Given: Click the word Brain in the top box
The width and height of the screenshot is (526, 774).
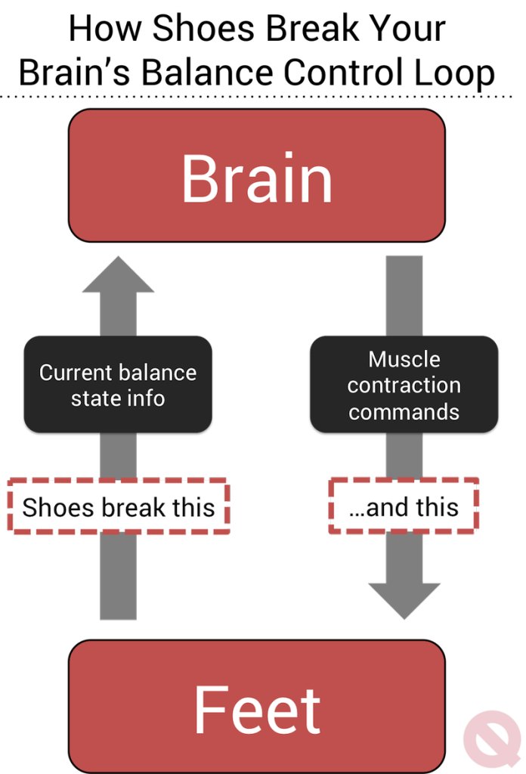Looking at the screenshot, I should pyautogui.click(x=257, y=178).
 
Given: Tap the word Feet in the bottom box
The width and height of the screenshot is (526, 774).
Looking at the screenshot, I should pyautogui.click(x=257, y=709).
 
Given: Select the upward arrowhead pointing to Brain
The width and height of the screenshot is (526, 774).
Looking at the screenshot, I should pyautogui.click(x=118, y=275).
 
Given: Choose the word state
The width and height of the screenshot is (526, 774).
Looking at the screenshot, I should pyautogui.click(x=91, y=398).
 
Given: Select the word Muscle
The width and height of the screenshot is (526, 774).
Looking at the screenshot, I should pyautogui.click(x=404, y=359).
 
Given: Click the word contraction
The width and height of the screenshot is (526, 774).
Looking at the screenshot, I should pyautogui.click(x=404, y=385).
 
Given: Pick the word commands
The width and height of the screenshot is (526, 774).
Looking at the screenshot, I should pyautogui.click(x=404, y=413).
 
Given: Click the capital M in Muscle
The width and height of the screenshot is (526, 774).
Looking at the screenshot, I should pyautogui.click(x=379, y=359).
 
